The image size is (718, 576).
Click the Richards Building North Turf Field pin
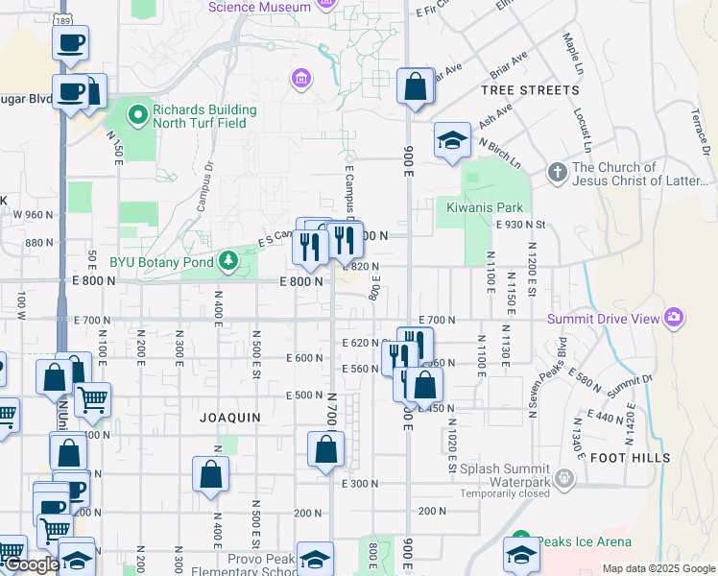tap(137, 116)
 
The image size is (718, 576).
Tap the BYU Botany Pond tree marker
tap(228, 259)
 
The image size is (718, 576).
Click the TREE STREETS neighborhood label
tap(531, 90)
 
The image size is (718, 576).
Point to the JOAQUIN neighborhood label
tap(229, 418)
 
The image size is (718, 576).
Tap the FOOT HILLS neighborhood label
tap(631, 458)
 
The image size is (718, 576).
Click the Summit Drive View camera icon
tap(674, 318)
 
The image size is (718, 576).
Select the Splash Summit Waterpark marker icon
tap(566, 476)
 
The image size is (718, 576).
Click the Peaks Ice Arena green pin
tap(520, 541)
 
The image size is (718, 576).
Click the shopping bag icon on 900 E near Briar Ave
tap(415, 87)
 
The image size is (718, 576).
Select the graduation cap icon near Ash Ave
tap(451, 141)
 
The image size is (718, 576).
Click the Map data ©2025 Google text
tap(658, 567)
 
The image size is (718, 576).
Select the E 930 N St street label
tap(521, 225)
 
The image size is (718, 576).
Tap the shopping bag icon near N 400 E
tap(210, 474)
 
